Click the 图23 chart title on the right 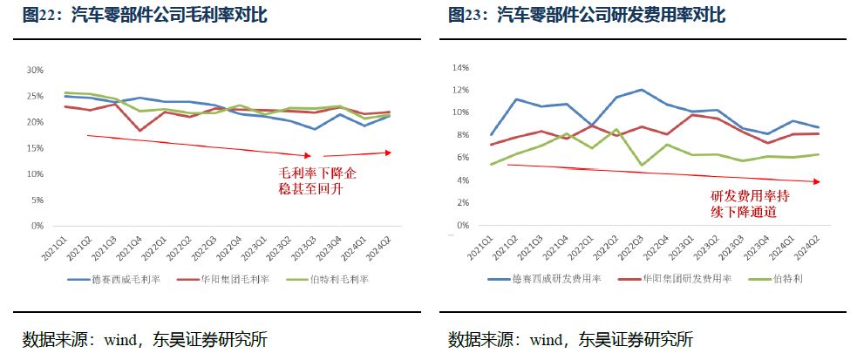coord(586,16)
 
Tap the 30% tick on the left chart coord(36,70)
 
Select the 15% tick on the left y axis coord(36,148)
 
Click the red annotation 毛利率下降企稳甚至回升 coord(317,180)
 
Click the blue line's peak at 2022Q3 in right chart coord(642,90)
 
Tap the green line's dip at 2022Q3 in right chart coord(642,165)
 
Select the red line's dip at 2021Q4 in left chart coord(139,131)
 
